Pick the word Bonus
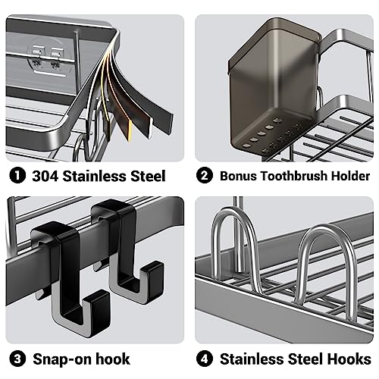238,176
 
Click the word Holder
349,176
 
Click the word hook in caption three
111,359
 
